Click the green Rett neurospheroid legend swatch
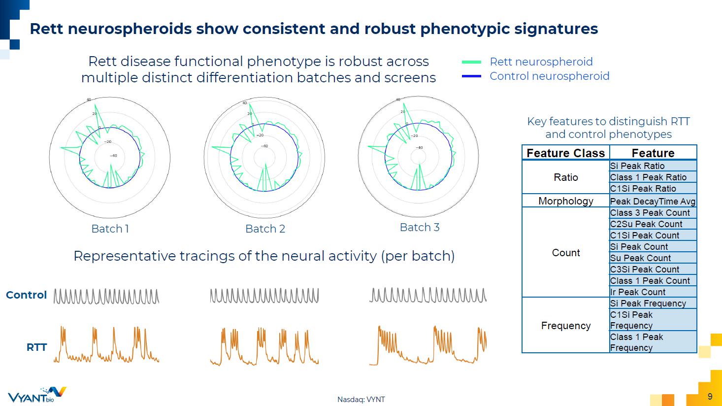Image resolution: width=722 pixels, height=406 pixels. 471,62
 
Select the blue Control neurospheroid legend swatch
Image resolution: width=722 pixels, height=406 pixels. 471,76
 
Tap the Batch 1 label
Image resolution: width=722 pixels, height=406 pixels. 110,229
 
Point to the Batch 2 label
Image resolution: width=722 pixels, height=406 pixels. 265,229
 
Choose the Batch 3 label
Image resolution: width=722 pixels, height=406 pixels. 420,227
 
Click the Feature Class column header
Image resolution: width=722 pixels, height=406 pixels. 565,153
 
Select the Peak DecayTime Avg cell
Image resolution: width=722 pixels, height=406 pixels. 653,201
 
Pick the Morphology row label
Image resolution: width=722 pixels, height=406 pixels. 565,201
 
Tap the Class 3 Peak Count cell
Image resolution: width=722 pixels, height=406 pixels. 650,213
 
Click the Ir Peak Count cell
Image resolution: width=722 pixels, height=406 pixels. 637,292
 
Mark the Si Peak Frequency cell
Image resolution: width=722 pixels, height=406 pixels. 648,304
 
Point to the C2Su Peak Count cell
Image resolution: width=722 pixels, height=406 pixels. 646,224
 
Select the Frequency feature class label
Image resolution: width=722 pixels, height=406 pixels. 565,326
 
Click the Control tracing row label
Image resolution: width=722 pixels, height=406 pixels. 26,295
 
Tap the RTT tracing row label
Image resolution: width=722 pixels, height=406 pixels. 36,347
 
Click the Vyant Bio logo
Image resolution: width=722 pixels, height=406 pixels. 36,395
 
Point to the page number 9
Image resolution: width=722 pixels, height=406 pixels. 710,397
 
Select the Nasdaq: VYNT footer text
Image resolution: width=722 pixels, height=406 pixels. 361,400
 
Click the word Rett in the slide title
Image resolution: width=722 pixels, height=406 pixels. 47,29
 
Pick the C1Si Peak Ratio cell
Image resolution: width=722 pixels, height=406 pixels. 643,189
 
